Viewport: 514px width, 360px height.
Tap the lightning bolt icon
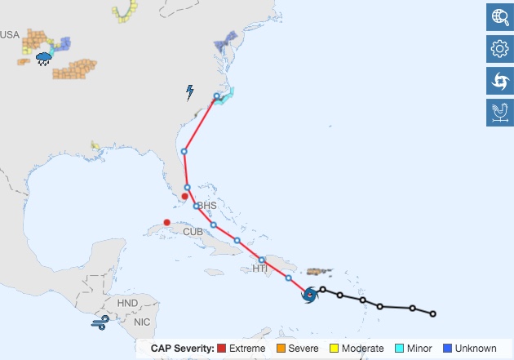point(190,92)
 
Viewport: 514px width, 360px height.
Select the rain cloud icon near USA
point(45,58)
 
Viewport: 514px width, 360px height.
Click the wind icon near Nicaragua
point(100,324)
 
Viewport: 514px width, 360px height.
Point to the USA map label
point(10,34)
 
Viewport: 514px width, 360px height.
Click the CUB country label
point(193,232)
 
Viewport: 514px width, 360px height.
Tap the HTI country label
point(260,268)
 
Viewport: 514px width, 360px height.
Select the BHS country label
point(207,205)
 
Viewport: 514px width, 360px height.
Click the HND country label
point(128,303)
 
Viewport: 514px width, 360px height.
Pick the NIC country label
point(142,322)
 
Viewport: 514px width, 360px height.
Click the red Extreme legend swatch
point(223,349)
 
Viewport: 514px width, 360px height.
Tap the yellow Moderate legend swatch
point(334,349)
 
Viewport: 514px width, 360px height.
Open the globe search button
point(499,17)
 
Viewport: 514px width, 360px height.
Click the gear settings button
point(499,49)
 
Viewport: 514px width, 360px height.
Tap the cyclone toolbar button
point(499,81)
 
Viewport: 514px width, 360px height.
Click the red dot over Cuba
point(167,222)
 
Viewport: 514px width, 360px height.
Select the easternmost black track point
point(432,313)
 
